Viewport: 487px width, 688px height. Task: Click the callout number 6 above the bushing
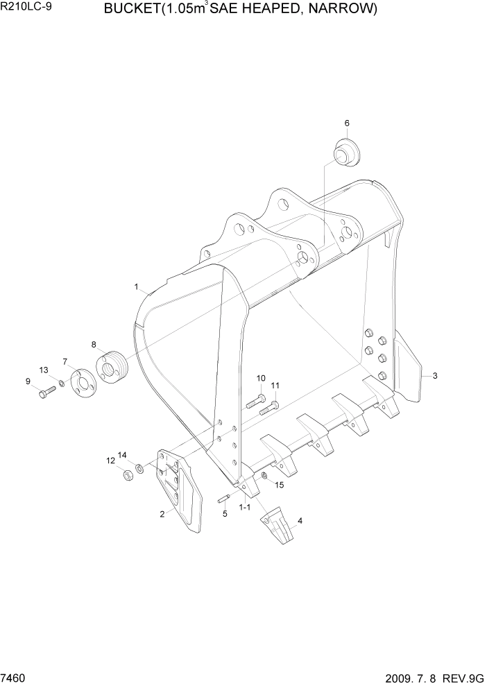[346, 123]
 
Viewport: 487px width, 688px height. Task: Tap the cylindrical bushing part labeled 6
[345, 152]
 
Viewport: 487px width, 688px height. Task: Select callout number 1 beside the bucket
[137, 286]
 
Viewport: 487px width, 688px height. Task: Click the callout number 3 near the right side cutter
[434, 376]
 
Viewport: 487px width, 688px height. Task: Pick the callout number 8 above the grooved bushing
[94, 344]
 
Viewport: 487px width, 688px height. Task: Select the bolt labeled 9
[46, 393]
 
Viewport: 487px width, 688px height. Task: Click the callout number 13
[44, 370]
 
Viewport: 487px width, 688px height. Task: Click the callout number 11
[275, 386]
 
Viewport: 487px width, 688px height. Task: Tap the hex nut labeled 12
[127, 476]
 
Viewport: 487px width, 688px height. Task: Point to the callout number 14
[122, 455]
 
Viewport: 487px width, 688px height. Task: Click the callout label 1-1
[244, 508]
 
